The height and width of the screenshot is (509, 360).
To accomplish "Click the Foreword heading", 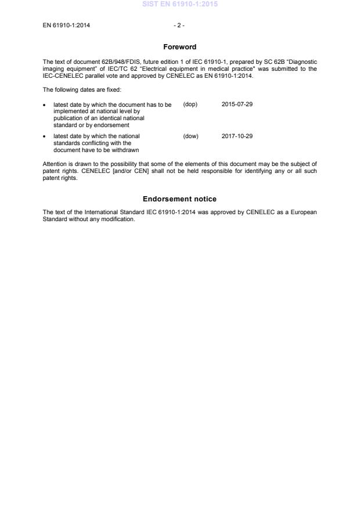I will point(179,47).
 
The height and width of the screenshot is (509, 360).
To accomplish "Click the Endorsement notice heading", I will point(179,199).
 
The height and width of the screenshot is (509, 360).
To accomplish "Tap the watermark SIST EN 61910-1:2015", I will point(179,5).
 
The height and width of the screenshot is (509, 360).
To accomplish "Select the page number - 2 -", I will point(179,26).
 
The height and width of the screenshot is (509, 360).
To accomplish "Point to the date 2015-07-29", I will point(237,104).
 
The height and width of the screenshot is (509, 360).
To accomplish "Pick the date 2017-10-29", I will point(237,136).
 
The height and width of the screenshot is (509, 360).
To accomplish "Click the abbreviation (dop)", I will point(190,104).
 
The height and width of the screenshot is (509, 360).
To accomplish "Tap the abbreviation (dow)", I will point(190,136).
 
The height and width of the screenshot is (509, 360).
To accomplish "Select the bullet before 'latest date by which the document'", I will point(45,105).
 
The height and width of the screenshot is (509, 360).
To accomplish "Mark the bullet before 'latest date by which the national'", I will point(45,137).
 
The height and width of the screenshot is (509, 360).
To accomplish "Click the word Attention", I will point(55,164).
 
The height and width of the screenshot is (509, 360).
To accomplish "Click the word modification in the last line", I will point(118,219).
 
